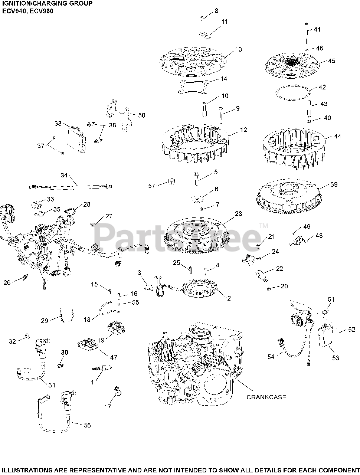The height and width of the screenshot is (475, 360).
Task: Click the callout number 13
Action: click(238, 49)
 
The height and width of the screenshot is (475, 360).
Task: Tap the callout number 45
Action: click(331, 61)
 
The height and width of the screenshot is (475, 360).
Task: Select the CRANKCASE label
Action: click(266, 397)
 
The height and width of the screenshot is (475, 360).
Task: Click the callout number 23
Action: click(238, 213)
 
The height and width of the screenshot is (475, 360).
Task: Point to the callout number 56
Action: click(87, 425)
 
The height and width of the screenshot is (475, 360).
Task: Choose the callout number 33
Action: click(58, 123)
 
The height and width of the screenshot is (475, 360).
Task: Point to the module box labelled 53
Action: click(327, 335)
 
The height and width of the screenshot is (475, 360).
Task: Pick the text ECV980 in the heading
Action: click(42, 11)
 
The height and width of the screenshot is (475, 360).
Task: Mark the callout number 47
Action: click(114, 357)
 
